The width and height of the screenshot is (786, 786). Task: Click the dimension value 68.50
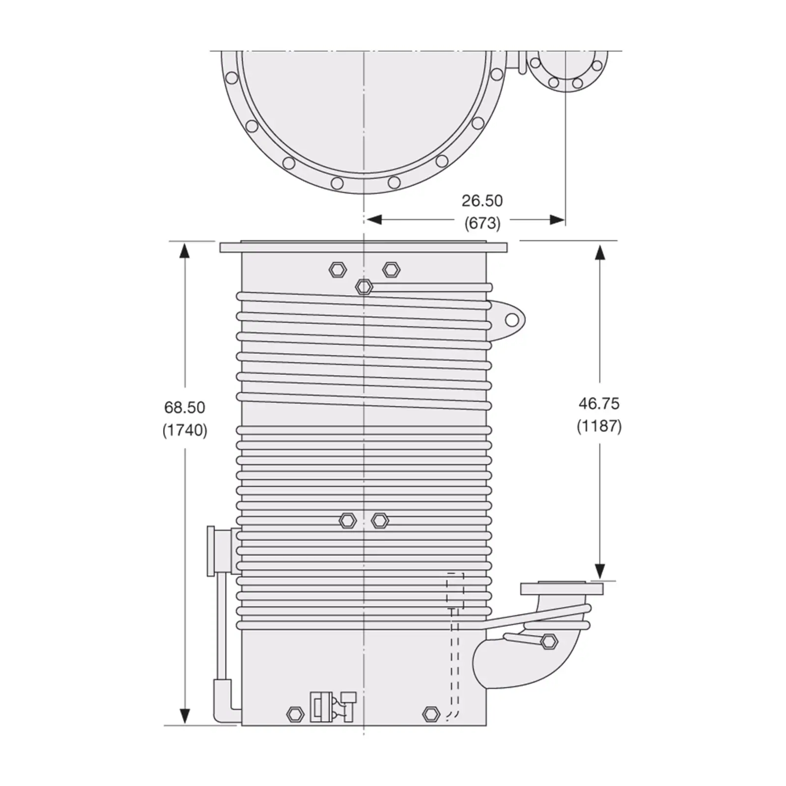click(x=185, y=407)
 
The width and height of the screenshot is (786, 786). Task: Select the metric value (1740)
click(x=185, y=430)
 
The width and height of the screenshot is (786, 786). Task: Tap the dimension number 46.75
click(x=599, y=403)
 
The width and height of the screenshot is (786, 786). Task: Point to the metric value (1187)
click(x=599, y=426)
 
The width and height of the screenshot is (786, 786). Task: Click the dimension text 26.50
click(x=482, y=200)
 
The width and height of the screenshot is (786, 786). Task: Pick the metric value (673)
click(x=482, y=223)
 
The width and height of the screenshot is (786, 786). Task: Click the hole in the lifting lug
click(x=511, y=320)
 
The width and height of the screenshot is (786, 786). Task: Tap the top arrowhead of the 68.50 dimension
click(x=184, y=251)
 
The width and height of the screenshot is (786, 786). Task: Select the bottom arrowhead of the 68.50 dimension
click(x=184, y=716)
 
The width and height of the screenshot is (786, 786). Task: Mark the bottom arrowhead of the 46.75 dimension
click(x=599, y=571)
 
